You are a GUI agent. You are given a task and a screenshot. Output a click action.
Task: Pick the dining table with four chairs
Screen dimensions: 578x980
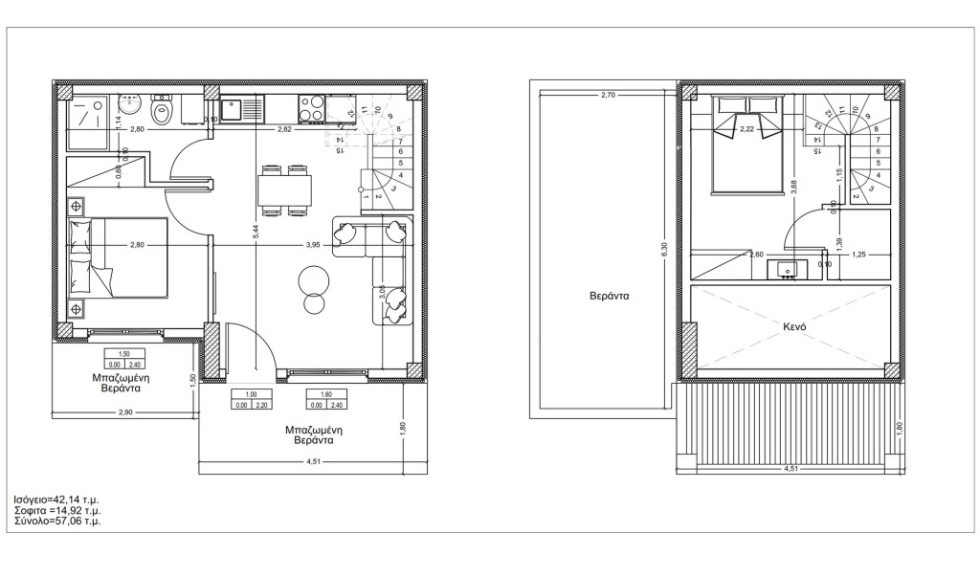tap(284, 189)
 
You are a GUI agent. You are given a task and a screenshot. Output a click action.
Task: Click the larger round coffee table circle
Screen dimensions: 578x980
tap(313, 280)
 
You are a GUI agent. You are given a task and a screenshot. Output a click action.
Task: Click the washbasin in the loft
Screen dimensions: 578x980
tap(788, 268)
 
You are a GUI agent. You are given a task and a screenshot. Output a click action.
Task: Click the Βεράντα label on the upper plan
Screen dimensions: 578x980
tap(609, 297)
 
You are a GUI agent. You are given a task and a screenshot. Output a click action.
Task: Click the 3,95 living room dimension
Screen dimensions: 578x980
tap(313, 246)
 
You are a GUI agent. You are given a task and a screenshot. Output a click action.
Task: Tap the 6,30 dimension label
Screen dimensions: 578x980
tap(664, 251)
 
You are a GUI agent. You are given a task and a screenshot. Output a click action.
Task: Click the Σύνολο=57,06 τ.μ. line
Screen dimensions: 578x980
tap(57, 522)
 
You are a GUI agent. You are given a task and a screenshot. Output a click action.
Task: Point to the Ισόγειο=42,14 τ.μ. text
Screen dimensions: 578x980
tap(56, 500)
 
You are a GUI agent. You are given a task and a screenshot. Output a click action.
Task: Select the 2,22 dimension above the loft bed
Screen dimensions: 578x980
tap(747, 126)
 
